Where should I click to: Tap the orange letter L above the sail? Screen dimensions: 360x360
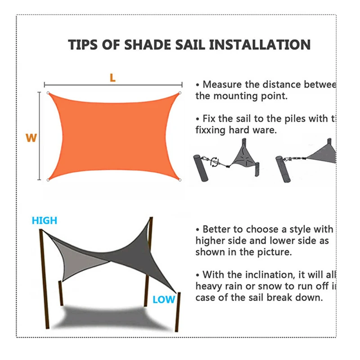click(x=112, y=77)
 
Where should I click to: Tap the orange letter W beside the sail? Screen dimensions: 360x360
click(x=31, y=138)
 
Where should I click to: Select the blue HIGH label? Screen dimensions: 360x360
click(x=45, y=220)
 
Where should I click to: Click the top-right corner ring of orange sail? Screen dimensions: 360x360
click(x=180, y=93)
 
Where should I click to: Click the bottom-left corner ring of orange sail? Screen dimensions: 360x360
click(x=48, y=180)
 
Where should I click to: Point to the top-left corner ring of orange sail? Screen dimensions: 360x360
click(x=48, y=93)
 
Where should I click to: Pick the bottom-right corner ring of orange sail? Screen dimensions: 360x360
click(x=180, y=180)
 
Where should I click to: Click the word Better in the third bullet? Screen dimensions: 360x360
click(x=218, y=229)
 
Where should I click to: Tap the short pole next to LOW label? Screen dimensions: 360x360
click(x=179, y=310)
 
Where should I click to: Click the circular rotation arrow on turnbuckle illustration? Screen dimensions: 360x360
click(x=214, y=161)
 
